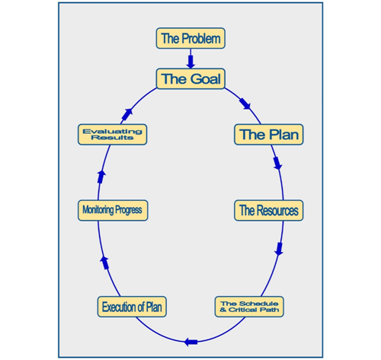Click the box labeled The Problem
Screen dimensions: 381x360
[190, 38]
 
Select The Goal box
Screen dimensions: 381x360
[190, 78]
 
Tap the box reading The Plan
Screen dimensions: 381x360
[269, 135]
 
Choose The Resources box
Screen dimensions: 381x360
[269, 210]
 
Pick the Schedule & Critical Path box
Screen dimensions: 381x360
[249, 307]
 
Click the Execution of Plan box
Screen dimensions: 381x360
[132, 307]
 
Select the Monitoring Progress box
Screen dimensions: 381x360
[113, 210]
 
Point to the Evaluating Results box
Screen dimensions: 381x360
[112, 135]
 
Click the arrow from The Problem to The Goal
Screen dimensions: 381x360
[190, 59]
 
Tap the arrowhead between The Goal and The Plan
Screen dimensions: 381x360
[245, 104]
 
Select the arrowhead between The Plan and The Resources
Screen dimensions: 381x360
[277, 164]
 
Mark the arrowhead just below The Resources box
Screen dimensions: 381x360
[279, 249]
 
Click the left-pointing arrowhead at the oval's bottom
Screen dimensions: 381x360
[190, 342]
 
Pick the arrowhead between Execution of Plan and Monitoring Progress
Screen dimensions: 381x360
[104, 263]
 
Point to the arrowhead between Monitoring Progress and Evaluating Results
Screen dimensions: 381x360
[101, 177]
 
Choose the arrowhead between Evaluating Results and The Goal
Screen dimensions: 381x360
[127, 114]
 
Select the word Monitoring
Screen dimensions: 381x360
[98, 210]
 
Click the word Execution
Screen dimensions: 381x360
[117, 307]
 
